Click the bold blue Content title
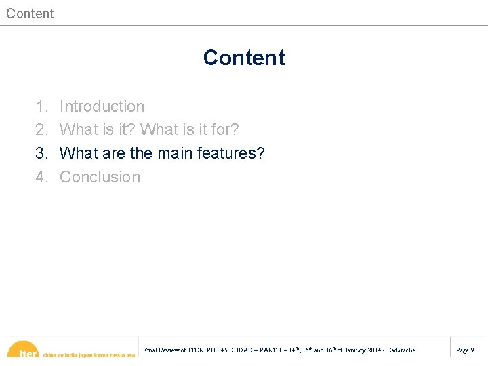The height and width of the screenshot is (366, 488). coord(244,58)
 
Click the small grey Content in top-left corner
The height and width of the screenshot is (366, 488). coord(30,14)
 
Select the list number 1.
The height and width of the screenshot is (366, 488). coord(42,106)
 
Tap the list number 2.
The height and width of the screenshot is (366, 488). coord(42,129)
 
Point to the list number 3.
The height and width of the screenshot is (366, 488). coord(42,153)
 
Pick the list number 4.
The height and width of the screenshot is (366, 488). coord(42,177)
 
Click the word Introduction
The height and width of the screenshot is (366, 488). coord(102,106)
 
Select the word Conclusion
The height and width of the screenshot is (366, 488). coord(100,177)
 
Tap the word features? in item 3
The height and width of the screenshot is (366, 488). coord(232,153)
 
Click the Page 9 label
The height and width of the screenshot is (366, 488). coord(465,350)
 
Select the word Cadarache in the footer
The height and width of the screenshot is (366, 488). coord(401,350)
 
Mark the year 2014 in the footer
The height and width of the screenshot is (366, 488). coord(374,350)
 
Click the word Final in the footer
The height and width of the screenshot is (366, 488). coord(150,350)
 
